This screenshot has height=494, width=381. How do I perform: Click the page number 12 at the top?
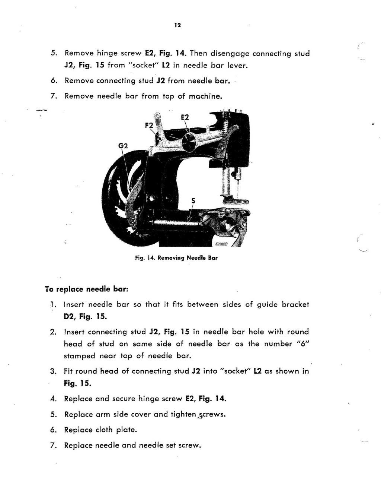(177, 25)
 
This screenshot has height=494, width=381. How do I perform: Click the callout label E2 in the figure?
(185, 117)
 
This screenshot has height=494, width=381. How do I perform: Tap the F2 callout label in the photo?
(149, 125)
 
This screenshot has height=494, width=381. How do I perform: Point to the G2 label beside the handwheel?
(123, 146)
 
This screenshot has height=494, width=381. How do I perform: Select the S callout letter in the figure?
(193, 200)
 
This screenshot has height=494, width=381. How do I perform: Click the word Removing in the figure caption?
(172, 257)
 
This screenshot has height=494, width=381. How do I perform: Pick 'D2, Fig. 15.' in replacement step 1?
(85, 317)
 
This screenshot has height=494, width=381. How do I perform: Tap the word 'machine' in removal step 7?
(206, 96)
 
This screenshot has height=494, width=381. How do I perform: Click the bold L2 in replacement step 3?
(258, 371)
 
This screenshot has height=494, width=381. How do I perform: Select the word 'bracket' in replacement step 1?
(295, 304)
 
